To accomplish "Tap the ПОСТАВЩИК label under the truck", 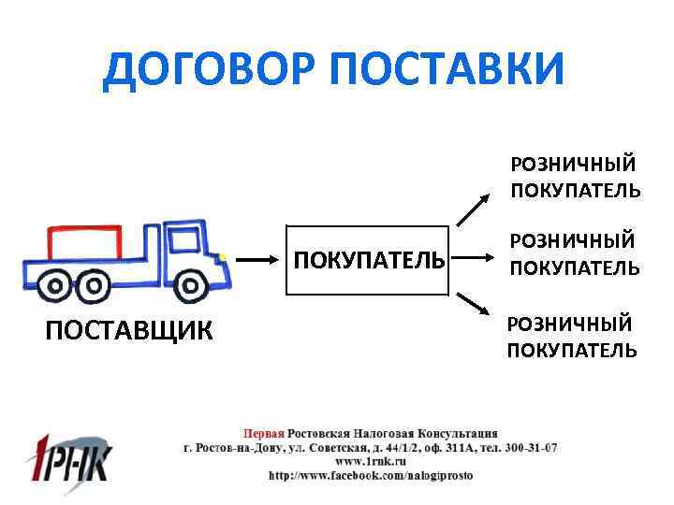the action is [x=129, y=329].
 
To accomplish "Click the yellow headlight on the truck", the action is [x=222, y=254].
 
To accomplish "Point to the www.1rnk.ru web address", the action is [x=371, y=461].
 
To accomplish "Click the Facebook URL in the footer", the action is [x=371, y=475].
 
